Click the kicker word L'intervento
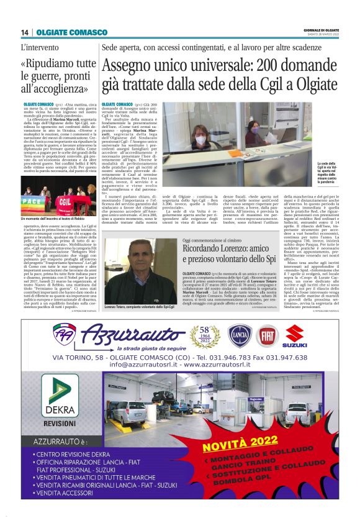click(42, 47)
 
